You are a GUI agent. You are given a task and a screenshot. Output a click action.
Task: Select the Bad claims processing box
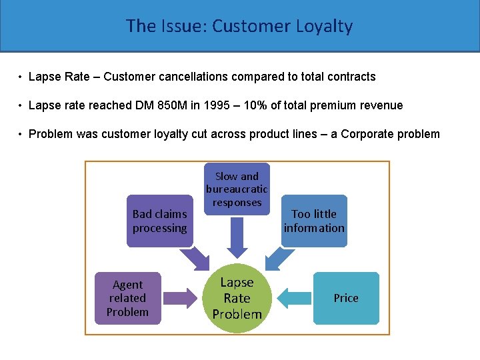pos(159,221)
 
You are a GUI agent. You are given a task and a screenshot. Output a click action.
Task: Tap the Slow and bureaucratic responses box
pos(237,189)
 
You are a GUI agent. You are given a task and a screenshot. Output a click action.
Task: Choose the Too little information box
pos(314,221)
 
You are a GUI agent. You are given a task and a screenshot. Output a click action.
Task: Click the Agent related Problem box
pos(127,298)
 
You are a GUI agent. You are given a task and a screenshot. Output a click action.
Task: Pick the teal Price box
pos(346,298)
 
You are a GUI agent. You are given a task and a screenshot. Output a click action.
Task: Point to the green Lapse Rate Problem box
pos(237,298)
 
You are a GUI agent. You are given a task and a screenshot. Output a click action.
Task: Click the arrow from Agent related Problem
pos(181,298)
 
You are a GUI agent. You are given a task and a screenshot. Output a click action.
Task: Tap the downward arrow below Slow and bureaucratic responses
pos(237,238)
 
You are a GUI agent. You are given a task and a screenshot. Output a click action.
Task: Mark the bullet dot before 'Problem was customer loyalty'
pos(21,134)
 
